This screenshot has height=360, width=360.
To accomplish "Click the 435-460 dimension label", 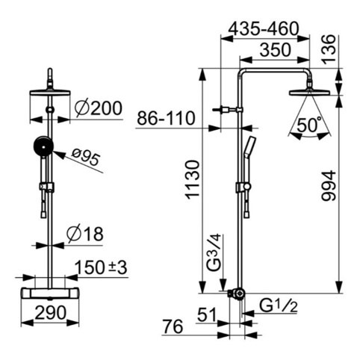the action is [264, 28].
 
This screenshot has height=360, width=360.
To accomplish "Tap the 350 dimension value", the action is [275, 49].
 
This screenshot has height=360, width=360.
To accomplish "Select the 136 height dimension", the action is [329, 49].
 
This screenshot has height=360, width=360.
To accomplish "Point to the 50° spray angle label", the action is [309, 125].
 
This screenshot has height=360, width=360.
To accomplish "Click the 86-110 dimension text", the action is [166, 118].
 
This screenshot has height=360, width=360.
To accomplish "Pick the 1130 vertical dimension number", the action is [193, 180].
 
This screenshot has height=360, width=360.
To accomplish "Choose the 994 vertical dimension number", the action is [329, 185].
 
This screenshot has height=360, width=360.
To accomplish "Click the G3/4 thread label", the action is [214, 252].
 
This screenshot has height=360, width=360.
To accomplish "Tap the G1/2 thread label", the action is [279, 306].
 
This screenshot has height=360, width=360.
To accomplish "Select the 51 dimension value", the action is [207, 314].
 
